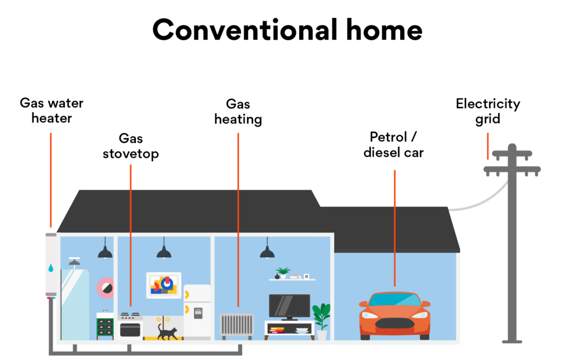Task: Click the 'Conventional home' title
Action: click(x=287, y=30)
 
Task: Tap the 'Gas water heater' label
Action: click(x=51, y=110)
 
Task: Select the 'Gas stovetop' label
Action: click(x=131, y=146)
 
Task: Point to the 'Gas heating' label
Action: click(x=238, y=112)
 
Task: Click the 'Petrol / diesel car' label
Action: click(x=393, y=145)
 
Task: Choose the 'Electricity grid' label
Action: click(x=488, y=111)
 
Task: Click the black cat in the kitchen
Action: click(x=167, y=331)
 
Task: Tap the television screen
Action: click(x=290, y=305)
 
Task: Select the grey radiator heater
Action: click(x=237, y=326)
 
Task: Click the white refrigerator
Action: click(x=197, y=312)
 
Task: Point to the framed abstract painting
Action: click(x=164, y=285)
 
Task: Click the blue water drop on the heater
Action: click(x=51, y=268)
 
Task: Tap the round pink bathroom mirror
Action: click(x=105, y=288)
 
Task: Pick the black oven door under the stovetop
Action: click(x=130, y=330)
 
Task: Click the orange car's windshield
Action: click(x=394, y=300)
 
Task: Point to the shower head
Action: click(x=74, y=262)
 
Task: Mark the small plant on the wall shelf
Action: click(x=283, y=273)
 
